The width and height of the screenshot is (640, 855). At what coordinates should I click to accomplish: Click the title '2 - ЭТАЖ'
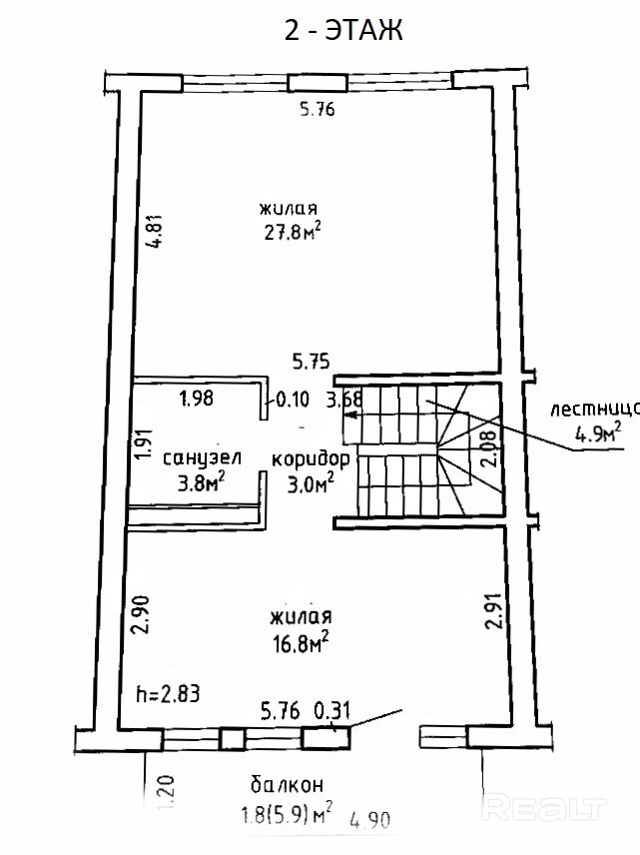click(343, 30)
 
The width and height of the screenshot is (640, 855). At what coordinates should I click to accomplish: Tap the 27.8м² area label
click(292, 232)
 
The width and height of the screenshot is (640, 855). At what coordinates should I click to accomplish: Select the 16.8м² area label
click(301, 643)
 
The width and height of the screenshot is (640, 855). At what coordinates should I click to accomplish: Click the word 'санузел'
click(203, 457)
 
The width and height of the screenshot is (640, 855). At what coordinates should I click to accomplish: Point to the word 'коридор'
click(311, 459)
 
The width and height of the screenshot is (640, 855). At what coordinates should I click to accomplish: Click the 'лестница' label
click(594, 409)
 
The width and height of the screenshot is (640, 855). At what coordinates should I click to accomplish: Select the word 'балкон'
click(288, 784)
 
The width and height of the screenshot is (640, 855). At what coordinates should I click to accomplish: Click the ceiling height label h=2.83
click(168, 694)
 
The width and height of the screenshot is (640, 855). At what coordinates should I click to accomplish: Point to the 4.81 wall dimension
click(155, 230)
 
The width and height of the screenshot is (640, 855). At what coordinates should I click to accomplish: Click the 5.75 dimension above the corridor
click(312, 362)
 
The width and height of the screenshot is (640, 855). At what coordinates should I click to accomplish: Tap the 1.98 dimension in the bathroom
click(197, 399)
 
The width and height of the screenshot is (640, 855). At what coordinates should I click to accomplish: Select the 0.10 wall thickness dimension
click(293, 400)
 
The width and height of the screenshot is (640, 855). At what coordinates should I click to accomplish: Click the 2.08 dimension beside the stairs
click(490, 448)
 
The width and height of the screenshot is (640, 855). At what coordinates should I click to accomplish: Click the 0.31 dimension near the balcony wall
click(332, 711)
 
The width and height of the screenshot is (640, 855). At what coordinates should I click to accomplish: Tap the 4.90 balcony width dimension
click(370, 819)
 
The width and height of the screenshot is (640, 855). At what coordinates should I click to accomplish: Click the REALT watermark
click(544, 809)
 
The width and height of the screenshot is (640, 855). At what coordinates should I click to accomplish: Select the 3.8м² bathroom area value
click(202, 482)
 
